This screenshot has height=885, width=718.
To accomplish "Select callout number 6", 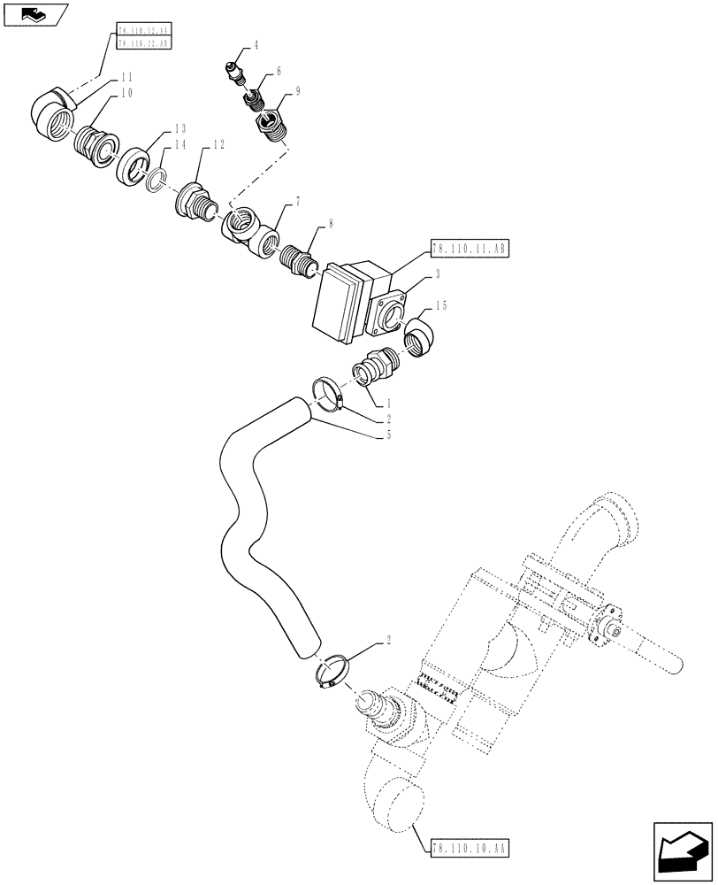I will (279, 69).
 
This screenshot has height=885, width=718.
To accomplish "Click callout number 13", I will (181, 130).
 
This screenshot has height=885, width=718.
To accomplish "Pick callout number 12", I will (218, 144).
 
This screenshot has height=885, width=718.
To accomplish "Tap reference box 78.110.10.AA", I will (470, 847).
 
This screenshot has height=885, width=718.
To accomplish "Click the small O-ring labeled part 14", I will (154, 181).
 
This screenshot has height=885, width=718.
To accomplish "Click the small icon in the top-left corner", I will (34, 13).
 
